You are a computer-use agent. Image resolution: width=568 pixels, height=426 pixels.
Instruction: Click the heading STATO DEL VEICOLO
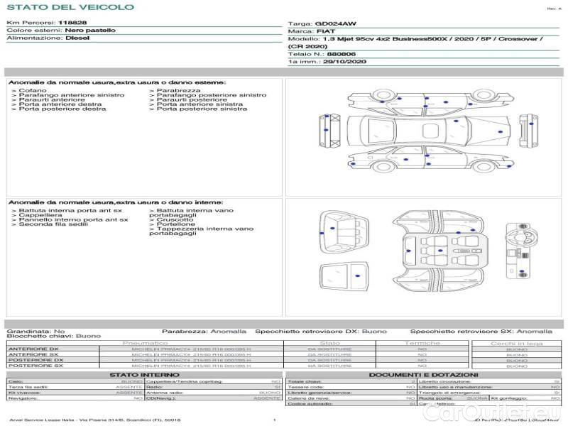click(x=70, y=7)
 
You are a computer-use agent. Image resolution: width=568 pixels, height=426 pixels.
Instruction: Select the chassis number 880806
click(x=342, y=54)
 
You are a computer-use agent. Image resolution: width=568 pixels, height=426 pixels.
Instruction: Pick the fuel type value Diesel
click(x=77, y=38)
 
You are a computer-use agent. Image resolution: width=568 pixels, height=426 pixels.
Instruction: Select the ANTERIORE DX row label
click(x=33, y=349)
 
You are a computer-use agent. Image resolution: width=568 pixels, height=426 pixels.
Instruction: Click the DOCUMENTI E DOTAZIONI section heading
click(x=423, y=374)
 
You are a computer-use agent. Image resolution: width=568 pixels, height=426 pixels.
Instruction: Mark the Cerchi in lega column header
click(x=516, y=343)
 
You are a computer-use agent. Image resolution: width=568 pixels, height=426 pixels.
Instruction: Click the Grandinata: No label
click(x=35, y=332)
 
